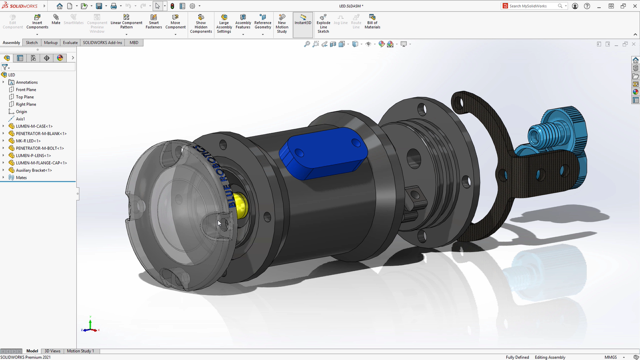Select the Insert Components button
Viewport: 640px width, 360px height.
[37, 22]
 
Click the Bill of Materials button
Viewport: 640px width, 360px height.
[372, 22]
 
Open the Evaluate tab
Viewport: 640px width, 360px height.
[70, 43]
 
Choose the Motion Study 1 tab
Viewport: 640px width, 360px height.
[80, 351]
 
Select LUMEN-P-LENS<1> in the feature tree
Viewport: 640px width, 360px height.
[33, 156]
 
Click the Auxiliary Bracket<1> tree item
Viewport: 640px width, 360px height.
[34, 170]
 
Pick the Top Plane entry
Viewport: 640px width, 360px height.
[25, 97]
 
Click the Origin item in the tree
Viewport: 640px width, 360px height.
[22, 112]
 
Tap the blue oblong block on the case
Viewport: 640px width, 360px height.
[324, 152]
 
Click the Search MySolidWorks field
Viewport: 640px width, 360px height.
[532, 6]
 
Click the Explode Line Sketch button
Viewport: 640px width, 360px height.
[323, 24]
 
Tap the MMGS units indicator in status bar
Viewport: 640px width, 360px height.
[610, 357]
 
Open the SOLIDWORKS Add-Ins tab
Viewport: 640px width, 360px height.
[102, 43]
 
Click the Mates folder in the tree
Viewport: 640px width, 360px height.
[21, 178]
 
